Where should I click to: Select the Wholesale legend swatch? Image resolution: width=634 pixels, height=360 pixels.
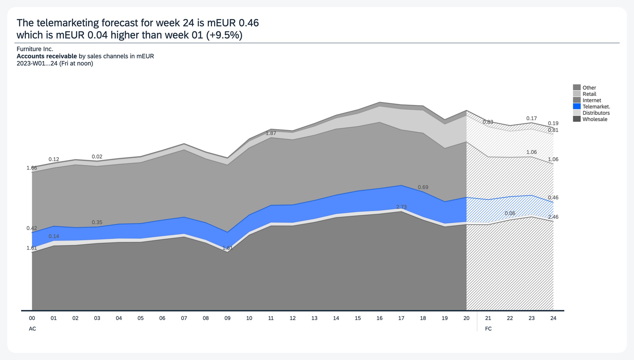coord(577,119)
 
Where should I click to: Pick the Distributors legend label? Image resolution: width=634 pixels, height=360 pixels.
coord(596,113)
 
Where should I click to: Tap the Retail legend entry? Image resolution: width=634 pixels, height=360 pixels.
coord(589,94)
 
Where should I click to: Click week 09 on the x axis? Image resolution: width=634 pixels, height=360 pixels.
coord(227,318)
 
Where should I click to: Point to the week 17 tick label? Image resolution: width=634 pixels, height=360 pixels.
coord(401,318)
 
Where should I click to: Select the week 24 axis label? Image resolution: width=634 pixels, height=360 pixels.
coord(553,318)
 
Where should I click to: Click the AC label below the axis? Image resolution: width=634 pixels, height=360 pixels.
coord(32,329)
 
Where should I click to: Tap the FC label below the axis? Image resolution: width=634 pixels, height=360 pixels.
coord(488,329)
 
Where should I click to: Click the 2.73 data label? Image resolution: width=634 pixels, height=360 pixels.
coord(401,207)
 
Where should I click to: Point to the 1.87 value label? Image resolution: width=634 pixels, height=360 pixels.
coord(271,133)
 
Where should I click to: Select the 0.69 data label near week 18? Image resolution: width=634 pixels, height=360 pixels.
coord(423,187)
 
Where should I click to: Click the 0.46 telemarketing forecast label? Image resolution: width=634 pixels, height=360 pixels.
coord(553,198)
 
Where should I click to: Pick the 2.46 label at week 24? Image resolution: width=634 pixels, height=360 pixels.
coord(553,217)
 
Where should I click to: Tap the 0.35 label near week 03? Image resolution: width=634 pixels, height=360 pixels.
coord(97,222)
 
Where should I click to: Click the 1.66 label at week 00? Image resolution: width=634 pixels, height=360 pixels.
coord(32,168)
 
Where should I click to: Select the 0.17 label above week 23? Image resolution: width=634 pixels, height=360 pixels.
coord(531,119)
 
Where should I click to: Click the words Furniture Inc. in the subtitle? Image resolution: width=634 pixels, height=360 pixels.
coord(35,49)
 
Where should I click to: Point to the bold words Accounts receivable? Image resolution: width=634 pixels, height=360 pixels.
coord(47,56)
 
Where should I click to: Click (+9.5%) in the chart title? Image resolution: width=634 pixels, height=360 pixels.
coord(224,35)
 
